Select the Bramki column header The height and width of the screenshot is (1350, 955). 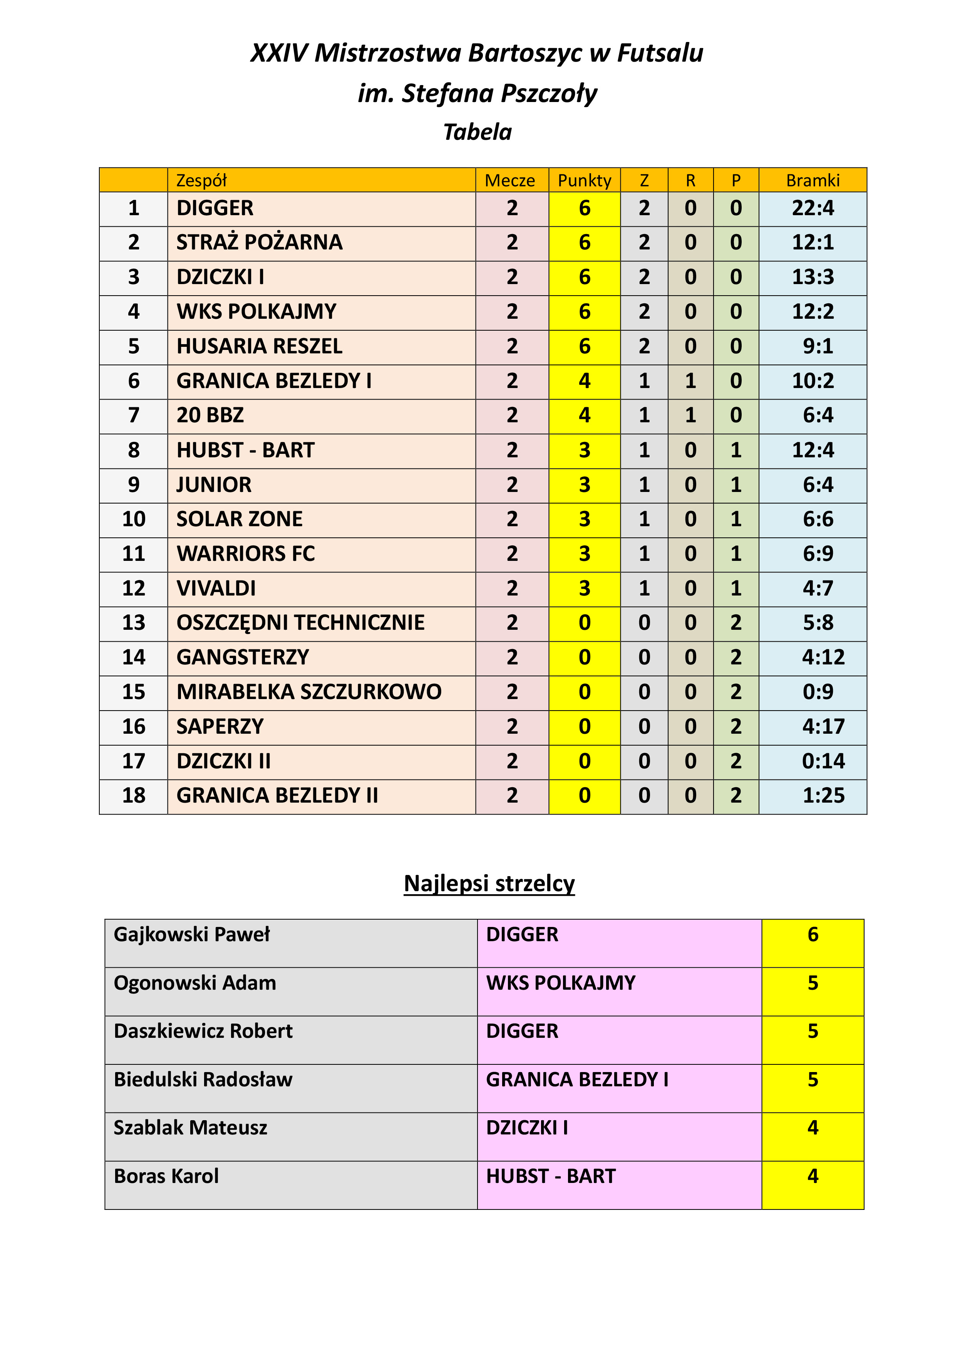(812, 181)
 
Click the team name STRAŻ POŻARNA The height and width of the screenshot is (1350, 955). (259, 242)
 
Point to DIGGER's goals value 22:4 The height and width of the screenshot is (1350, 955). (813, 208)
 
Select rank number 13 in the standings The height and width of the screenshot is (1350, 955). (134, 623)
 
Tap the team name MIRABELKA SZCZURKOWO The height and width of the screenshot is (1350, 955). (309, 692)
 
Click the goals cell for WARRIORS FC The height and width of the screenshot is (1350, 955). (818, 554)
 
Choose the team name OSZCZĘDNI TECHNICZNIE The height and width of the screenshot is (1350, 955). (300, 623)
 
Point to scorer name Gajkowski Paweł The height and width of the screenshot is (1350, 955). (192, 934)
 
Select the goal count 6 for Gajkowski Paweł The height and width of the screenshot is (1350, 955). (813, 934)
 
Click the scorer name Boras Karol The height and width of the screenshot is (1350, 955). (166, 1176)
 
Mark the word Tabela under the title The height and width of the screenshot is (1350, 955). (477, 132)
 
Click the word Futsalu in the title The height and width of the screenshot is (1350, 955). (660, 53)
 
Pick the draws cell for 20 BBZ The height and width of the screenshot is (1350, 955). (690, 416)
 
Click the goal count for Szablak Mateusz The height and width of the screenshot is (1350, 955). (813, 1128)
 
